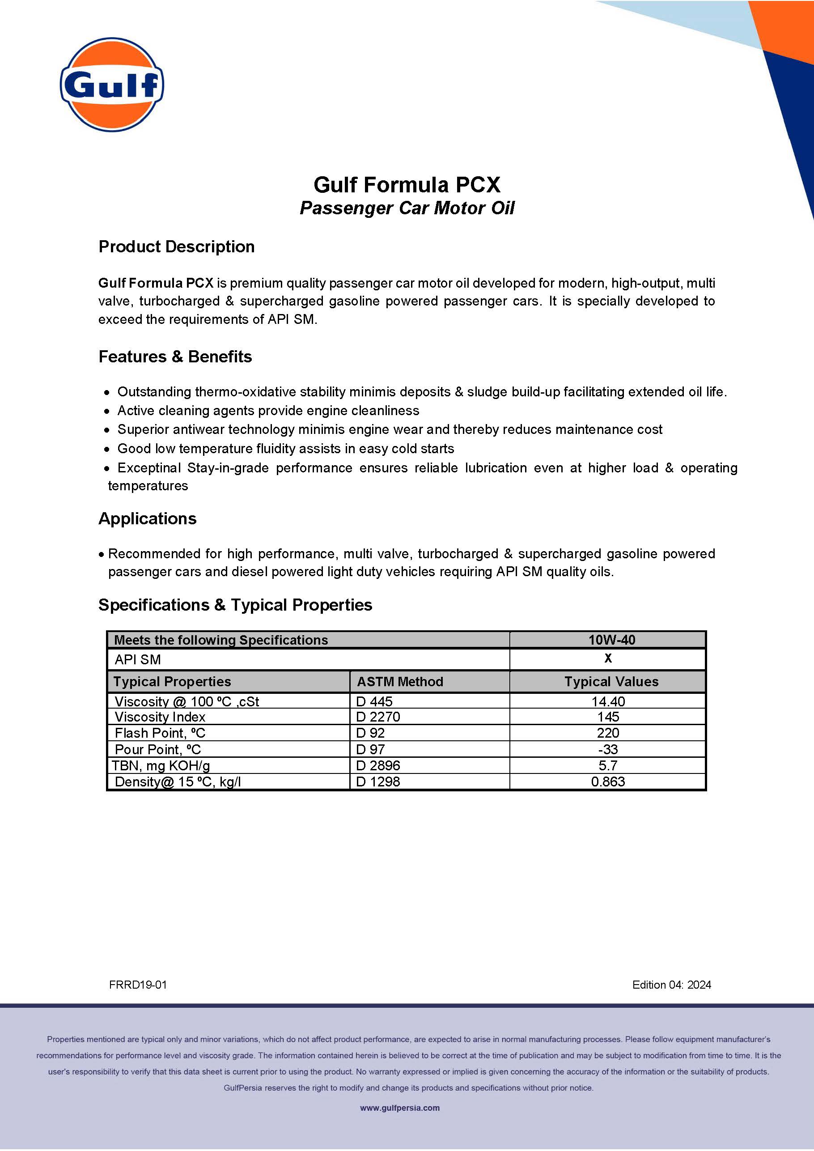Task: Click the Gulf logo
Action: click(112, 84)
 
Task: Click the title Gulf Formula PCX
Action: click(407, 184)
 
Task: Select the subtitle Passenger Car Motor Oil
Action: click(407, 208)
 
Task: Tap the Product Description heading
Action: click(176, 246)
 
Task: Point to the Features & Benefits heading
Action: click(175, 357)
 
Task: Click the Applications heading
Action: click(147, 518)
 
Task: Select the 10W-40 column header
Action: click(611, 640)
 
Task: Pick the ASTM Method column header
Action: click(400, 682)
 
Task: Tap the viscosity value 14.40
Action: click(608, 701)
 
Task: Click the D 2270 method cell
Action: click(378, 717)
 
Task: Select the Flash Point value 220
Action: click(608, 733)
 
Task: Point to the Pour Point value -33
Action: click(608, 749)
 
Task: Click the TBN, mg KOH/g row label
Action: click(161, 765)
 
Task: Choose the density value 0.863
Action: click(608, 781)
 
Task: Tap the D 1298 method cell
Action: click(378, 781)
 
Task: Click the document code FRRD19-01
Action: click(138, 985)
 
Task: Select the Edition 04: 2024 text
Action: click(672, 985)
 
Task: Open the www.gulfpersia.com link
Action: click(400, 1108)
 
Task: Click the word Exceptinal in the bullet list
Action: click(149, 468)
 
